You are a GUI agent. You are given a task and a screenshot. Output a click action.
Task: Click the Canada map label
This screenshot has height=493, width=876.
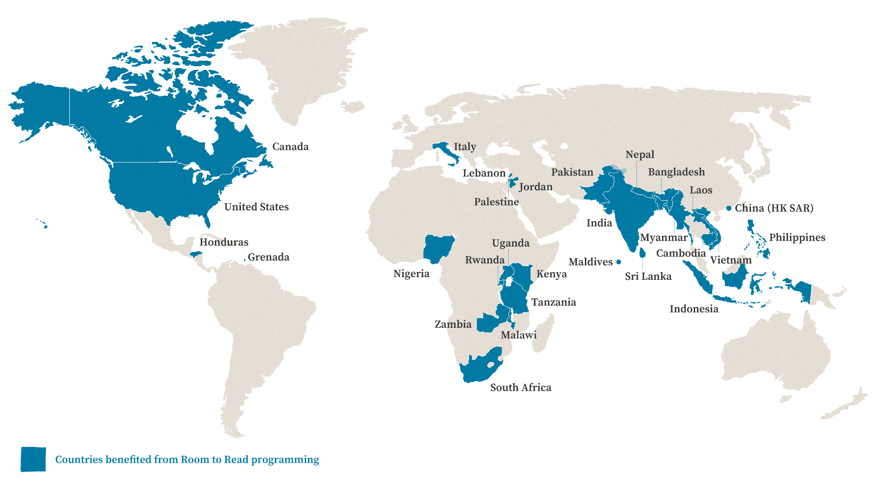tap(290, 147)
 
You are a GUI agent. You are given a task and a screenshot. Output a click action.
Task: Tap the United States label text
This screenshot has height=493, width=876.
tap(256, 207)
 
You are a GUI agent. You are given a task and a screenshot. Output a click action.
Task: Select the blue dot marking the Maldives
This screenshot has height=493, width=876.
tap(618, 262)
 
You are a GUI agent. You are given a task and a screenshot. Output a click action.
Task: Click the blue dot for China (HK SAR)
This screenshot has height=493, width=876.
tap(729, 208)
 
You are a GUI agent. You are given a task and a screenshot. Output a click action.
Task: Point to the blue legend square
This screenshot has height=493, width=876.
tap(33, 459)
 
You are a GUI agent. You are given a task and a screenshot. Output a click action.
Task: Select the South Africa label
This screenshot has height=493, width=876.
tap(520, 388)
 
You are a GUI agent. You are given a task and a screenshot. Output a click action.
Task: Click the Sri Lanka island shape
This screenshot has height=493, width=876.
tap(642, 252)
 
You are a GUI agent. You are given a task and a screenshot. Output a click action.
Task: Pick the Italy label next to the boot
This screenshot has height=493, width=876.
tap(464, 147)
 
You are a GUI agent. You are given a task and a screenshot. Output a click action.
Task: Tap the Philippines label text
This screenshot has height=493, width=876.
tap(797, 237)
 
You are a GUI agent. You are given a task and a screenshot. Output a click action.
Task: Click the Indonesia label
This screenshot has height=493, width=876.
tap(693, 309)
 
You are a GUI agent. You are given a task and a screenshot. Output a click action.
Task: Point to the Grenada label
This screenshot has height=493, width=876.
tap(268, 257)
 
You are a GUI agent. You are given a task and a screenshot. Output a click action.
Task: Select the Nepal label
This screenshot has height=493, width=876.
tap(640, 154)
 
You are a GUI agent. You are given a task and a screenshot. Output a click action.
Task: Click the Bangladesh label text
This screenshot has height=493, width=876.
tap(676, 172)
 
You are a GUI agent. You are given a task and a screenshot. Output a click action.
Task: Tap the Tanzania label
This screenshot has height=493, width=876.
tap(553, 302)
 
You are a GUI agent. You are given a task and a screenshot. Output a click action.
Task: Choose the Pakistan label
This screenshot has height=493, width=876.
tap(572, 172)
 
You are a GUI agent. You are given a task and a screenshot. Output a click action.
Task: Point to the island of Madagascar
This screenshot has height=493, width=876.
tap(544, 333)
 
